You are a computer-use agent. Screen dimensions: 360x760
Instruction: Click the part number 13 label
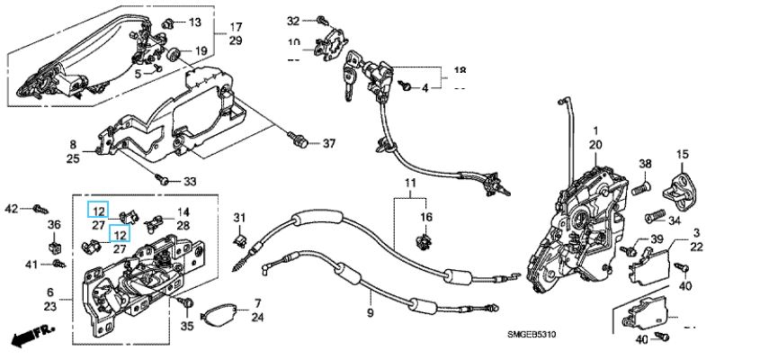pyautogui.click(x=195, y=21)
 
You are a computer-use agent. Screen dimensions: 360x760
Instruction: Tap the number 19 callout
pyautogui.click(x=201, y=50)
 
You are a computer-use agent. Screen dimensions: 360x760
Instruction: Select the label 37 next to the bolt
pyautogui.click(x=328, y=144)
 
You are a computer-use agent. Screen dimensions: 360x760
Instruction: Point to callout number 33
pyautogui.click(x=190, y=181)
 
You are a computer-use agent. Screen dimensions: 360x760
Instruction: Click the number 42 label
pyautogui.click(x=11, y=209)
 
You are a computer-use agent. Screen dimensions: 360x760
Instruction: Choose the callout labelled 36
pyautogui.click(x=53, y=225)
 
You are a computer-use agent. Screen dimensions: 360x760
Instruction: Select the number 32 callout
pyautogui.click(x=293, y=20)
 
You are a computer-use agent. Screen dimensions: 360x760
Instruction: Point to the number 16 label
pyautogui.click(x=427, y=217)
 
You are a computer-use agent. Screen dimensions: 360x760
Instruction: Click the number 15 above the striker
pyautogui.click(x=682, y=154)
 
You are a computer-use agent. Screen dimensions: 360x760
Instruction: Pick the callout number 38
pyautogui.click(x=644, y=164)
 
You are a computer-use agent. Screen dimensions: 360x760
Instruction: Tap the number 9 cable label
pyautogui.click(x=368, y=312)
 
